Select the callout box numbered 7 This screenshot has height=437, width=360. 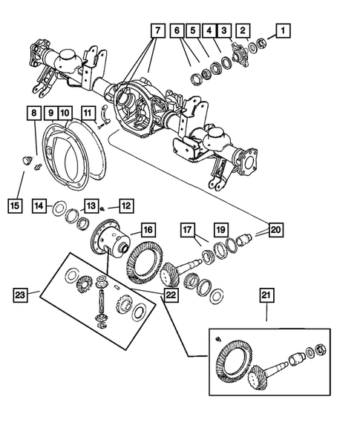(x=157, y=30)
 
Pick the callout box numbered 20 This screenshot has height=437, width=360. (x=276, y=230)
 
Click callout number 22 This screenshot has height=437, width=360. (x=171, y=295)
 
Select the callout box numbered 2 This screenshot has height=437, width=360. (x=243, y=30)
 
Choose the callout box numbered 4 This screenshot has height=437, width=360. (x=209, y=30)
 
